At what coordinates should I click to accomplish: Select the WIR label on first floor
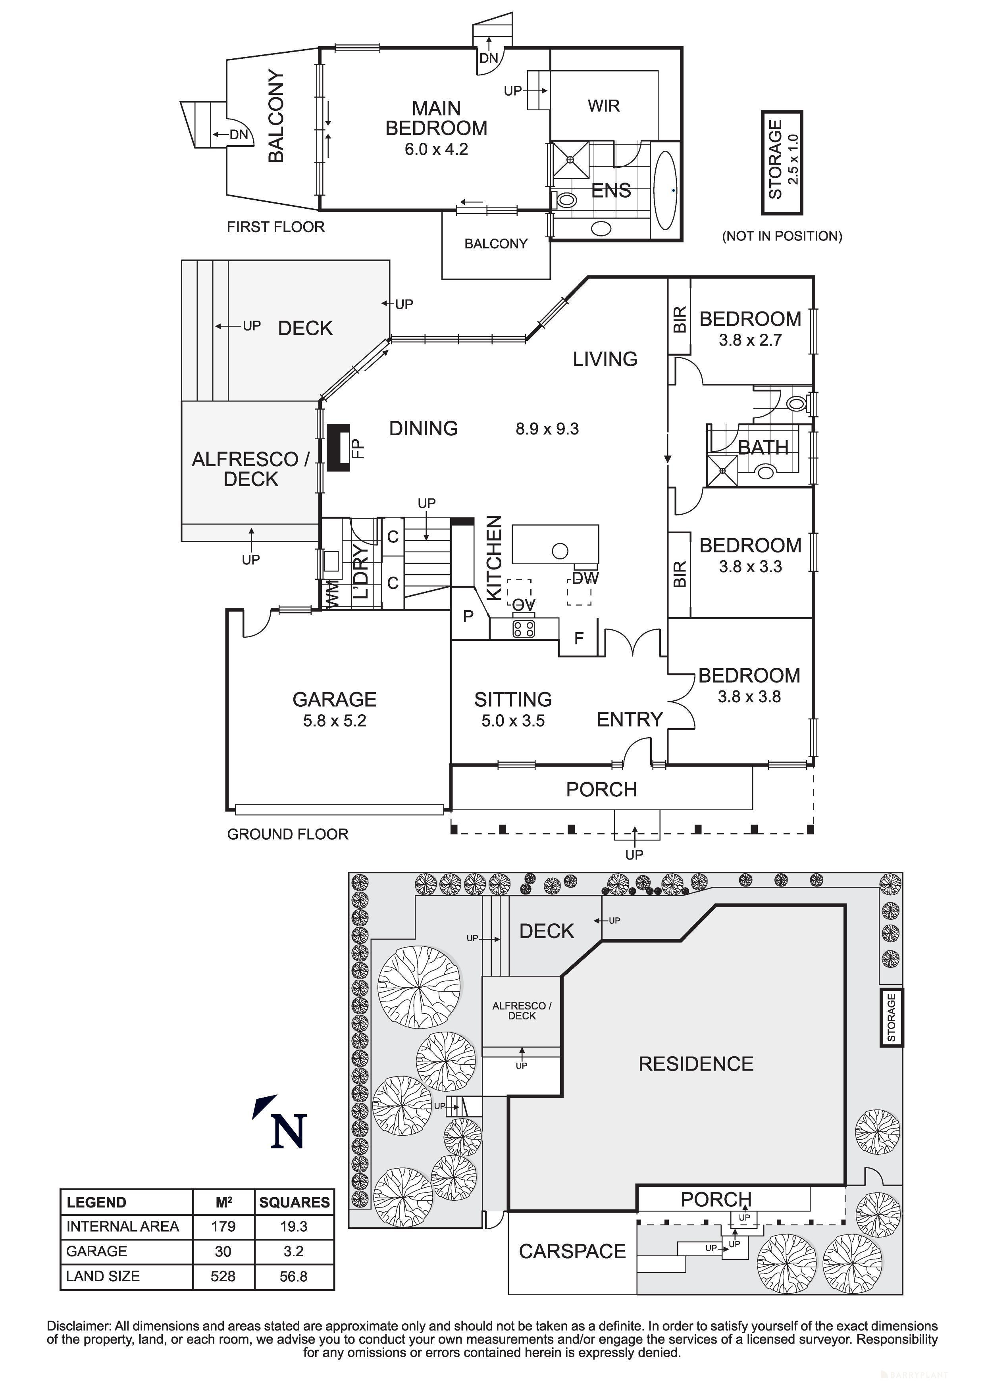[x=603, y=106]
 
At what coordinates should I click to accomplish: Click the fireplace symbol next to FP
[x=338, y=448]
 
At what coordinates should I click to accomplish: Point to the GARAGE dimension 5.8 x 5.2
[x=334, y=721]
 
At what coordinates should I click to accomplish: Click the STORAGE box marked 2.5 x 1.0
[x=782, y=162]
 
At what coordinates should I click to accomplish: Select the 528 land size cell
[x=223, y=1276]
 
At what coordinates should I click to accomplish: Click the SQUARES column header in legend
[x=294, y=1202]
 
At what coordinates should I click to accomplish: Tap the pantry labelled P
[x=468, y=617]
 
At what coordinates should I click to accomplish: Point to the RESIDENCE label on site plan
[x=695, y=1063]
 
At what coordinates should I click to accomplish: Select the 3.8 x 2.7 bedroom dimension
[x=750, y=340]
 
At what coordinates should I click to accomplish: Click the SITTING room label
[x=513, y=699]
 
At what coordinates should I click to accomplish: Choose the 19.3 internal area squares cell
[x=294, y=1227]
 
